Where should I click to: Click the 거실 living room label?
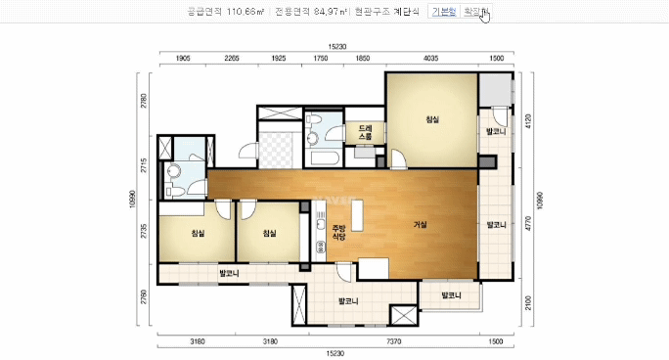coord(420,224)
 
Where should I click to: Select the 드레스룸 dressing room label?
coord(365,132)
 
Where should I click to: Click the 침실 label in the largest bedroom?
coord(431,119)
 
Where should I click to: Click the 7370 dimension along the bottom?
coord(394,341)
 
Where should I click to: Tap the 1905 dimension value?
coord(182,59)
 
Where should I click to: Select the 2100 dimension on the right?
coord(528,298)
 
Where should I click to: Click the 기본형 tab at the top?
coord(444,12)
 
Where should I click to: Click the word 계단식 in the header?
coord(403,12)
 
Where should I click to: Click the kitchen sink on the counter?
coord(319,228)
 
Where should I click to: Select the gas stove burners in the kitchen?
coord(319,251)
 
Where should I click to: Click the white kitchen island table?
coord(357,217)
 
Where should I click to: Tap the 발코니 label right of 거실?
coord(496,224)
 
